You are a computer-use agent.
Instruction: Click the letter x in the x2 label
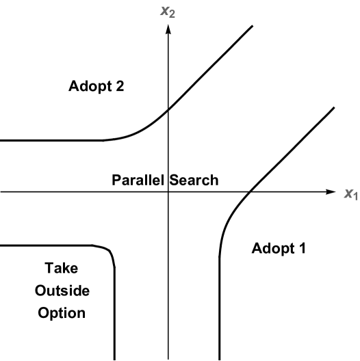164,11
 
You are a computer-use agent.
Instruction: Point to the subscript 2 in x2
172,14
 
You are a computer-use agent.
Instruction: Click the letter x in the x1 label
348,193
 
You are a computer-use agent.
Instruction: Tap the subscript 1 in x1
355,197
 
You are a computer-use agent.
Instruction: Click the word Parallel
138,180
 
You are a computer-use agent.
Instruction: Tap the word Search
194,180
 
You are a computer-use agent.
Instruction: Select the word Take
61,268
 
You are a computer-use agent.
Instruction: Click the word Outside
62,291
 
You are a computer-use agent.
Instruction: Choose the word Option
62,313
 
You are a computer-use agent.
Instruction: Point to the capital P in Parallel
117,180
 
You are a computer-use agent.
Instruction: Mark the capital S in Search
174,180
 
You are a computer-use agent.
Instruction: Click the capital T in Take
49,268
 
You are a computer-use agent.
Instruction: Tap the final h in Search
214,180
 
